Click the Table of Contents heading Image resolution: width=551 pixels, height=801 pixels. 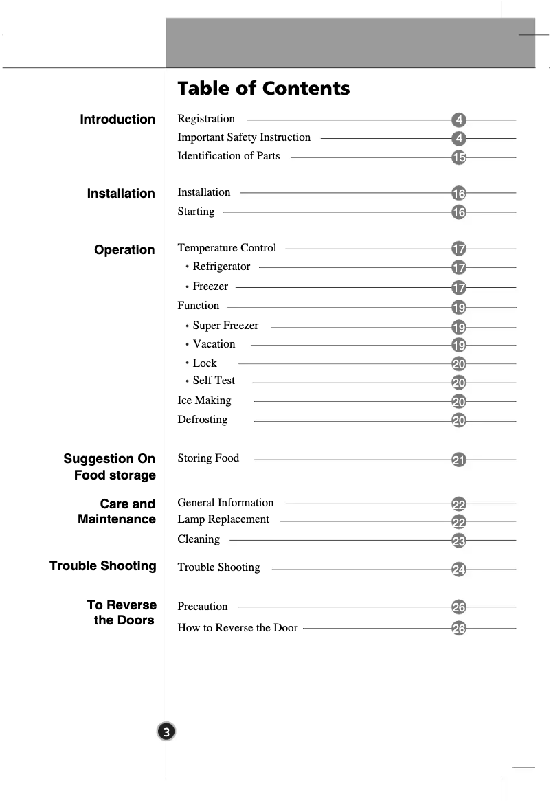pyautogui.click(x=263, y=89)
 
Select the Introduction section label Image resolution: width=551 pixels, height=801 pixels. pyautogui.click(x=117, y=120)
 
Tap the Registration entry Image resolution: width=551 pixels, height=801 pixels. pyautogui.click(x=206, y=119)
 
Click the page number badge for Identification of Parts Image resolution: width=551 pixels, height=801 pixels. pyautogui.click(x=459, y=158)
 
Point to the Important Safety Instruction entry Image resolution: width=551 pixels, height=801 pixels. pyautogui.click(x=244, y=137)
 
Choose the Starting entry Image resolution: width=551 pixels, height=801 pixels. pyautogui.click(x=196, y=212)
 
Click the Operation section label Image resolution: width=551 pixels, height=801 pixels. pyautogui.click(x=124, y=250)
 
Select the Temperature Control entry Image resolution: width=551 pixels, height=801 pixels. pyautogui.click(x=227, y=248)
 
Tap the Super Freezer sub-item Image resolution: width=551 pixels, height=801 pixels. pyautogui.click(x=225, y=326)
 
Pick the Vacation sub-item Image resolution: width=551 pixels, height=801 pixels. pyautogui.click(x=214, y=344)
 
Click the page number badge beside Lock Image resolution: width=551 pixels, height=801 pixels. pyautogui.click(x=459, y=364)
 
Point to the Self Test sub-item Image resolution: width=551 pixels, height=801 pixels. pyautogui.click(x=214, y=381)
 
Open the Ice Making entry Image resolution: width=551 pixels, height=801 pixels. pyautogui.click(x=204, y=400)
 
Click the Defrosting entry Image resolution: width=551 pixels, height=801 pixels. pyautogui.click(x=202, y=420)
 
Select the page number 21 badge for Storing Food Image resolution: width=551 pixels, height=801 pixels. pyautogui.click(x=459, y=460)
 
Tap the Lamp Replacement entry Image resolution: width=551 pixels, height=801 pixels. pyautogui.click(x=223, y=519)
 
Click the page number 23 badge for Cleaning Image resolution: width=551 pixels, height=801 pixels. pyautogui.click(x=459, y=541)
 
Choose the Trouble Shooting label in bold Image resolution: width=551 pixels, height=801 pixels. pyautogui.click(x=103, y=566)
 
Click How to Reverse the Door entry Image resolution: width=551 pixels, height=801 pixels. pyautogui.click(x=238, y=628)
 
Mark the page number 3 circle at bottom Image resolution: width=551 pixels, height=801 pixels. pyautogui.click(x=166, y=732)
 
